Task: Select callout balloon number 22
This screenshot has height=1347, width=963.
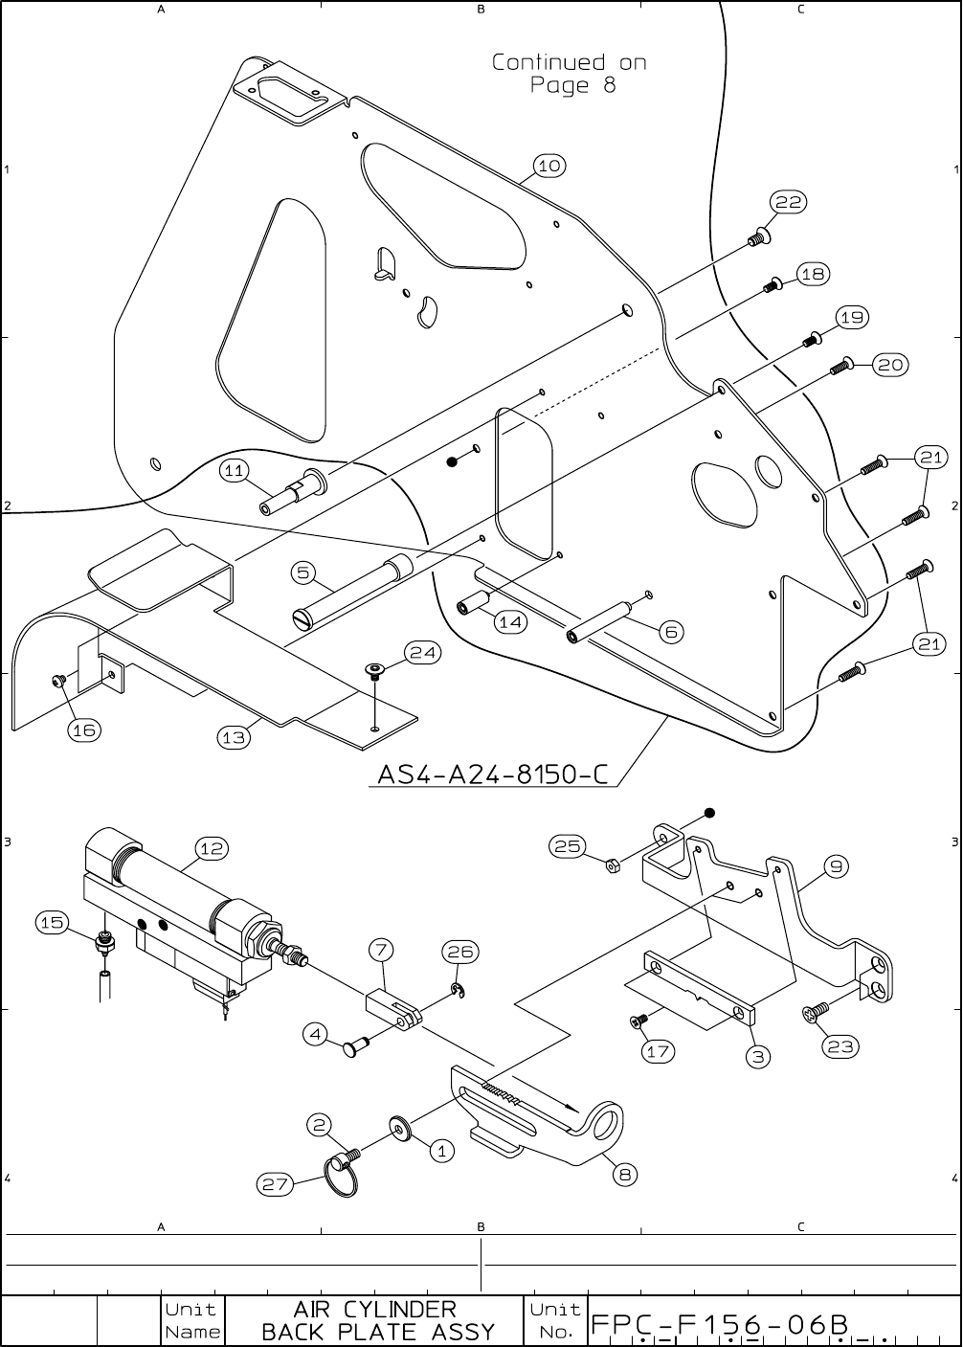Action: coord(789,202)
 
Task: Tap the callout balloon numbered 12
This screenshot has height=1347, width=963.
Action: coord(212,848)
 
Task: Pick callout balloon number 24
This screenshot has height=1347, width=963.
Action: coord(422,653)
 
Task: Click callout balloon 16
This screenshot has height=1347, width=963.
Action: coord(84,730)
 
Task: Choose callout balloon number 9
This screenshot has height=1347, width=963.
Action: coord(836,867)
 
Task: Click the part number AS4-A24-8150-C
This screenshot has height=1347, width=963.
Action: coord(493,774)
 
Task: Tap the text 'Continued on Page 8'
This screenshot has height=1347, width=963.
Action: coord(571,74)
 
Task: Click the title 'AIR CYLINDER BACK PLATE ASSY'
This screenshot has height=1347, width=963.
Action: coord(378,1320)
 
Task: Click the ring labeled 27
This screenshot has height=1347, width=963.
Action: coord(343,1176)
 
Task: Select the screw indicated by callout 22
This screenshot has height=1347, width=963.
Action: coord(756,236)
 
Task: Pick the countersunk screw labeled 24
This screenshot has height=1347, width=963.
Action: coord(374,670)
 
